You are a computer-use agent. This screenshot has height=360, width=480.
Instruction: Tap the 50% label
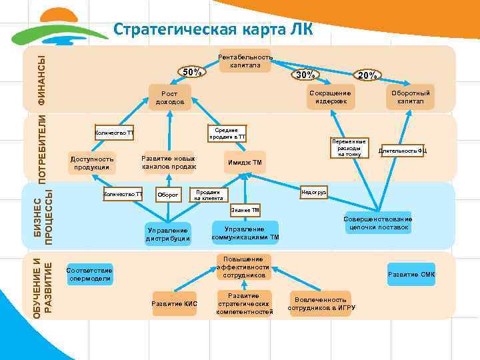(193, 72)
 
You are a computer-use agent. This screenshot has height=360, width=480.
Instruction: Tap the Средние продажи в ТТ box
(227, 133)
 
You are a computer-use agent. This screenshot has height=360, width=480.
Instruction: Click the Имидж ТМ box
(245, 162)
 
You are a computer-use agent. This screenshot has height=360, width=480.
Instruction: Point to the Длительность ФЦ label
(402, 151)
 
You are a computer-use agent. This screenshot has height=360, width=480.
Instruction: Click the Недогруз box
(313, 192)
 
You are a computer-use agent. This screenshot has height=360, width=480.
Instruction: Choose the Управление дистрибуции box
(168, 234)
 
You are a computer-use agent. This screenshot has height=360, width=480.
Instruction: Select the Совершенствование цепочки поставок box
(378, 223)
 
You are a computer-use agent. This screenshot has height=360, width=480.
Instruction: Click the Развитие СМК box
(411, 274)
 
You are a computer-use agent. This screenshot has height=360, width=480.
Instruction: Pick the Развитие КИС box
(175, 303)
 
